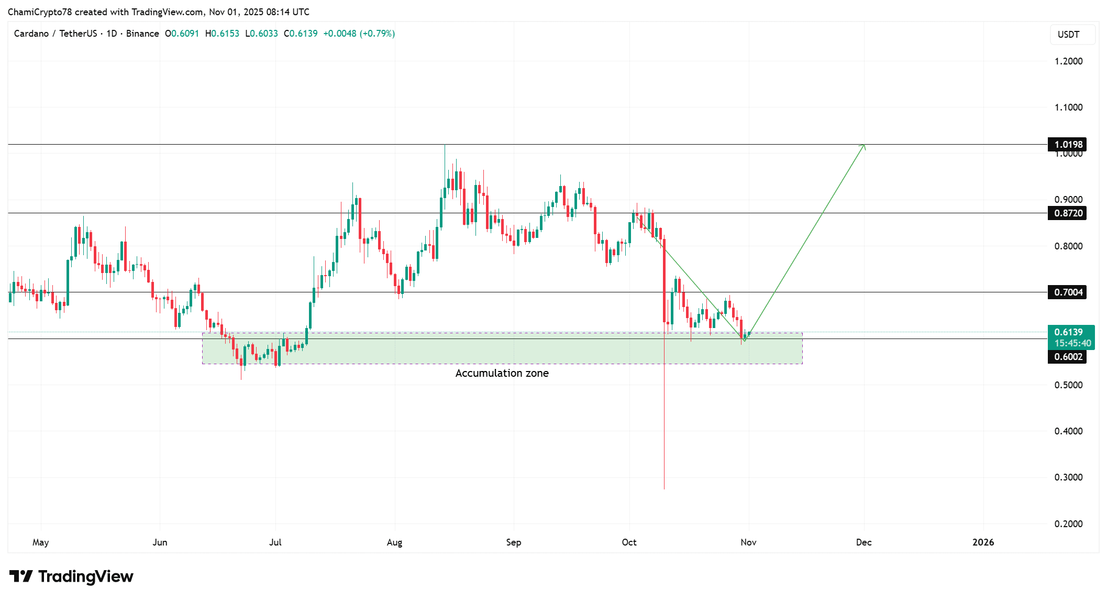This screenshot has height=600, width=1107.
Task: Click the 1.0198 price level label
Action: pyautogui.click(x=1068, y=145)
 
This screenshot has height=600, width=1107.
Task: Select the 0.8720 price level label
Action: pyautogui.click(x=1068, y=213)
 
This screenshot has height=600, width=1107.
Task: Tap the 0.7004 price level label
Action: pyautogui.click(x=1068, y=292)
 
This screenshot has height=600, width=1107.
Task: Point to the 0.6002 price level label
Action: pyautogui.click(x=1068, y=357)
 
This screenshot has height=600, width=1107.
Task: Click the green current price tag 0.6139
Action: pyautogui.click(x=1070, y=332)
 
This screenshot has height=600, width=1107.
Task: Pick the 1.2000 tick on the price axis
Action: pyautogui.click(x=1068, y=61)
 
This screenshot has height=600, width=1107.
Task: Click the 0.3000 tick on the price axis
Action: pyautogui.click(x=1068, y=477)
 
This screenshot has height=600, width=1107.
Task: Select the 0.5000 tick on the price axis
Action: pyautogui.click(x=1068, y=385)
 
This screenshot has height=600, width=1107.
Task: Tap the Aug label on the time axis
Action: pyautogui.click(x=394, y=542)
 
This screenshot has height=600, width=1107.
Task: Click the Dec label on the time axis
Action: pyautogui.click(x=864, y=542)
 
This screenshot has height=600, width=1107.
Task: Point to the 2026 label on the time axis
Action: pyautogui.click(x=983, y=542)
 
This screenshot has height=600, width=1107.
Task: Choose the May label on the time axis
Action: pyautogui.click(x=40, y=542)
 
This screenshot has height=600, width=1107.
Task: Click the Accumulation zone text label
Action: pyautogui.click(x=502, y=373)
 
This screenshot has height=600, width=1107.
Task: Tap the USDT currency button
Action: pyautogui.click(x=1068, y=35)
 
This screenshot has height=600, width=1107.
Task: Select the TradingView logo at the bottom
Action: pyautogui.click(x=71, y=576)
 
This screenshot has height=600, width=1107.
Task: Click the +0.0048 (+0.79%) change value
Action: pyautogui.click(x=359, y=34)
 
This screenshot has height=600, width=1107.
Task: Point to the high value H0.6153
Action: pyautogui.click(x=222, y=34)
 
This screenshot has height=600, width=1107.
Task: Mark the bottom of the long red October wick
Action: pyautogui.click(x=664, y=488)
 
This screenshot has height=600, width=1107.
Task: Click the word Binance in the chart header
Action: pyautogui.click(x=142, y=34)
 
